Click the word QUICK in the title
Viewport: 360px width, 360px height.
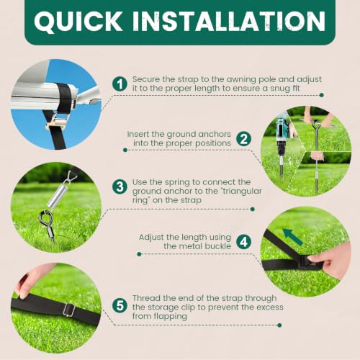click(x=78, y=22)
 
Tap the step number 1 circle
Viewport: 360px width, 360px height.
click(x=120, y=84)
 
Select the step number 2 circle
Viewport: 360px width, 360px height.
click(x=243, y=139)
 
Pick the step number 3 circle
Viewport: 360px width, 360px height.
click(x=120, y=187)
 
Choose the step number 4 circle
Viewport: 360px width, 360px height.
click(x=243, y=242)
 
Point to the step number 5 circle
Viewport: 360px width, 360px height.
click(x=120, y=305)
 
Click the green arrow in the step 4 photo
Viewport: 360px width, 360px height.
click(x=292, y=237)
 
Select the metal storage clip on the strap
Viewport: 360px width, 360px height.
click(x=69, y=310)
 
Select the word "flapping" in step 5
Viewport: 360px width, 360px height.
click(x=171, y=316)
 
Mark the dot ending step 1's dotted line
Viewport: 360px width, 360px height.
click(x=322, y=95)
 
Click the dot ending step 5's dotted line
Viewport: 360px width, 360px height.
click(x=279, y=325)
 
